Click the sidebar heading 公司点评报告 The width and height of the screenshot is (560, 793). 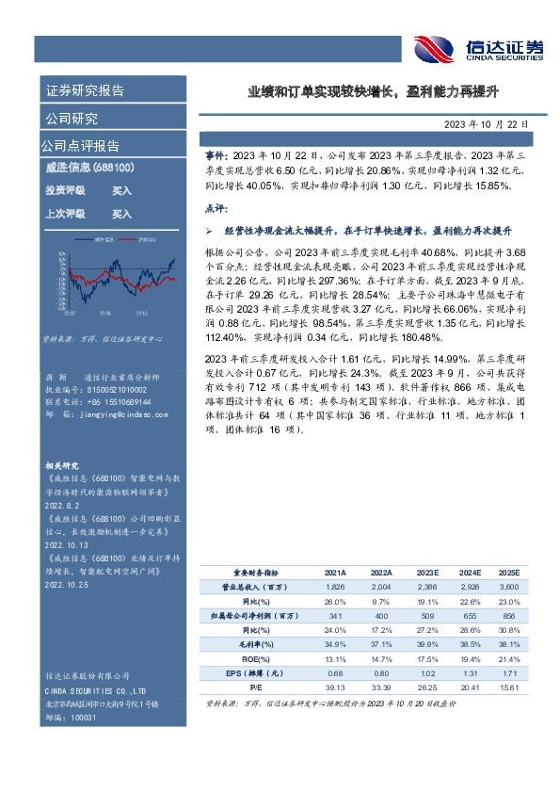(x=79, y=146)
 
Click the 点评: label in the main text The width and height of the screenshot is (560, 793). (x=216, y=207)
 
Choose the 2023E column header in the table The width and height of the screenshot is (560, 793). (x=427, y=572)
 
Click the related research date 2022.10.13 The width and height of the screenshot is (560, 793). (x=65, y=544)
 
